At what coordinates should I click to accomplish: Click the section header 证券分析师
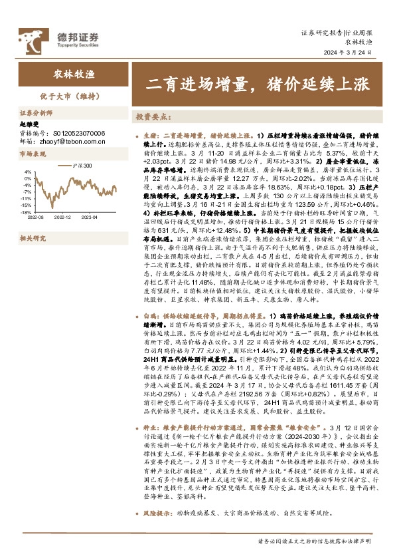coord(36,114)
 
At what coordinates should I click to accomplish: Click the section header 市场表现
coord(33,154)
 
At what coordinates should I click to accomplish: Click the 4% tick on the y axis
coord(28,172)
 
